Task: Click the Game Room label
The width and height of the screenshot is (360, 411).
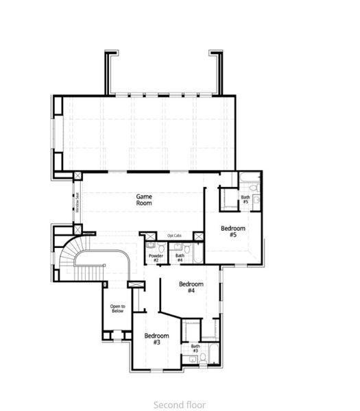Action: coord(143,199)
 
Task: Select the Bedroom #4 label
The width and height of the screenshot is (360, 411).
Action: coord(191,287)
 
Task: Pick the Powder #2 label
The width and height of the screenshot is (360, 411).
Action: coord(156,258)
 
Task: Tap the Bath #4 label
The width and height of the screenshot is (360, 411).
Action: coord(180,258)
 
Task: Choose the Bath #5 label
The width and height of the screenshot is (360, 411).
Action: coord(245,200)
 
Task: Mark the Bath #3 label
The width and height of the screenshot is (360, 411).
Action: coord(195,349)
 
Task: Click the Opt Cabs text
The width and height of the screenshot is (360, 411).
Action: coord(174,236)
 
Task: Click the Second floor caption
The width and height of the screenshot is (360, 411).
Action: coord(180,404)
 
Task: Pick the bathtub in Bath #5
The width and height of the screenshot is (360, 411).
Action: coord(248,182)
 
